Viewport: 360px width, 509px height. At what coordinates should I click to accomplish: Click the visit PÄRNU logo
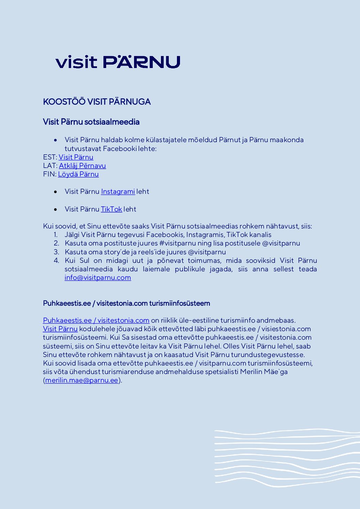click(x=118, y=62)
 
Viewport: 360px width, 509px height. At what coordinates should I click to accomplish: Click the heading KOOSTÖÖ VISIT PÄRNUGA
click(x=97, y=102)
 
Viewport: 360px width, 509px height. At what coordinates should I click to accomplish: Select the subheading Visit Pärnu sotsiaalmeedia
click(x=91, y=122)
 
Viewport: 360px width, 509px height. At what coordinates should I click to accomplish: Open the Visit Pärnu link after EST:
click(x=76, y=157)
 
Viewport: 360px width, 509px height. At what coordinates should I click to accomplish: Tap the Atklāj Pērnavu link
click(x=82, y=166)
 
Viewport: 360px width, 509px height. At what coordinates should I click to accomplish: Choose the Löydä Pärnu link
click(x=78, y=174)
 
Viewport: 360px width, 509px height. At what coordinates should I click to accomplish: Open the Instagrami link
click(x=118, y=191)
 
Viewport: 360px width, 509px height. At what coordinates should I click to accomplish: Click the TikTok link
click(x=111, y=209)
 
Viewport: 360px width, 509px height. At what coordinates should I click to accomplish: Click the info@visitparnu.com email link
click(x=98, y=277)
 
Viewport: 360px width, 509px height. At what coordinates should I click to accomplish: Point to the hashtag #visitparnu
click(x=178, y=243)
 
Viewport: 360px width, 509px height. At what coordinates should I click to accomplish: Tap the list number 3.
click(x=56, y=252)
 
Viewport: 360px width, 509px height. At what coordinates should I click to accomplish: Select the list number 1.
click(x=56, y=235)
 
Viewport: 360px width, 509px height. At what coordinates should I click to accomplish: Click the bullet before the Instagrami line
click(x=55, y=192)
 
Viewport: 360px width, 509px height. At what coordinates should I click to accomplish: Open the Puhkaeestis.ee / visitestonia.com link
click(x=96, y=320)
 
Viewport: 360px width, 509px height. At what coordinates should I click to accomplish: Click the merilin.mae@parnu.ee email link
click(x=82, y=380)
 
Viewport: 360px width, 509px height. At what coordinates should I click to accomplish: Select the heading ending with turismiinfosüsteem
click(x=126, y=303)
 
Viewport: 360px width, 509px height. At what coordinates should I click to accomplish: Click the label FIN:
click(x=50, y=174)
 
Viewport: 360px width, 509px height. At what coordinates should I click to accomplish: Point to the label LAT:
click(x=50, y=166)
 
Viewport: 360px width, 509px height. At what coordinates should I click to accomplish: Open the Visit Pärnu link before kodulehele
click(x=60, y=329)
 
